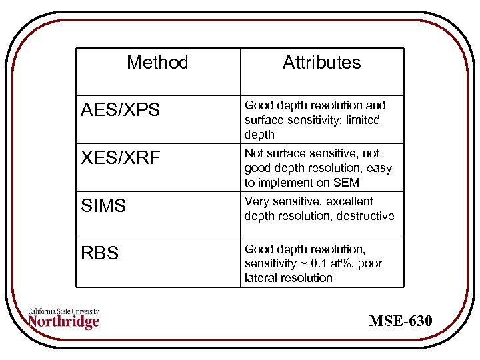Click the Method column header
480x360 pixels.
[157, 63]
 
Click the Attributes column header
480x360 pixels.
[321, 63]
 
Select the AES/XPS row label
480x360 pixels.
[120, 110]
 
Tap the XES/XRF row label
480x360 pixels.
[120, 158]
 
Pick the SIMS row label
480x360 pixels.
[103, 206]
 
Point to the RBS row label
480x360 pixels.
[99, 253]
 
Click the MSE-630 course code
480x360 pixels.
[401, 321]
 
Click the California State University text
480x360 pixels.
[64, 311]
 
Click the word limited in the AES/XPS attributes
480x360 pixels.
[363, 120]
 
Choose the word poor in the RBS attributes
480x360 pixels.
[370, 263]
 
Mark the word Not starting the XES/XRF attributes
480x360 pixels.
[254, 153]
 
